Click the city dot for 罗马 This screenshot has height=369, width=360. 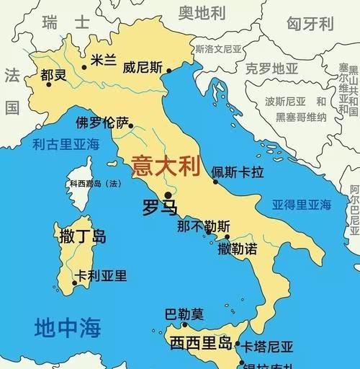tap(168, 195)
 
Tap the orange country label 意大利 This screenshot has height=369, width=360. tap(164, 168)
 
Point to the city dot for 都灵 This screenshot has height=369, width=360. tap(49, 84)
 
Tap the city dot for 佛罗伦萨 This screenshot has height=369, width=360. tap(131, 125)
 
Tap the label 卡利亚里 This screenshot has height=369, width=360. tap(102, 275)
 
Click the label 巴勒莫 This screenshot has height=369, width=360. tap(184, 314)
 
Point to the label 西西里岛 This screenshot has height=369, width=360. tap(201, 342)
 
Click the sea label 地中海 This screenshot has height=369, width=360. tap(67, 328)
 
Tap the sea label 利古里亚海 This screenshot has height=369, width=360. tap(66, 144)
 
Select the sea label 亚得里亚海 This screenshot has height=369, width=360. tap(301, 205)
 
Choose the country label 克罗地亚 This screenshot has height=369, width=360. tap(271, 69)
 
